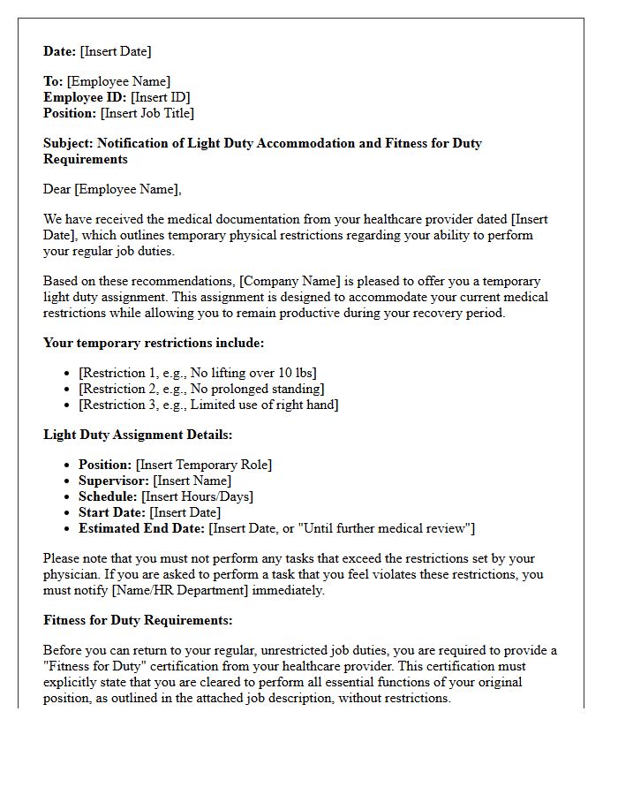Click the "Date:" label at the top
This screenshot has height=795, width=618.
[60, 51]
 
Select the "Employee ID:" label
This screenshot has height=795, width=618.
[85, 97]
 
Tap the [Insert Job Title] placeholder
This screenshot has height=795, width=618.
[147, 113]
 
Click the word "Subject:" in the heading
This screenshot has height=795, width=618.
[68, 143]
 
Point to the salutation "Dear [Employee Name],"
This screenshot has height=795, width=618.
[112, 189]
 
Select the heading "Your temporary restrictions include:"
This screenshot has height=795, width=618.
[154, 343]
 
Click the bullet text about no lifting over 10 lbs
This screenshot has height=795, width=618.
[197, 373]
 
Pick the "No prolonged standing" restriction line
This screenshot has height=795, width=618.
[201, 389]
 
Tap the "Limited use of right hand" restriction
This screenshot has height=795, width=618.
[208, 405]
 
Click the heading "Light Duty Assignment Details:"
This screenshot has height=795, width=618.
[138, 435]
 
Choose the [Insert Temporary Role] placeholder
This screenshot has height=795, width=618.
[204, 465]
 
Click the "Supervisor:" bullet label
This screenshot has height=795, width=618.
[114, 481]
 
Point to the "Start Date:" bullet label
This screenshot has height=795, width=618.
[112, 512]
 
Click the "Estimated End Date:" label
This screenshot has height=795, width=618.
[141, 528]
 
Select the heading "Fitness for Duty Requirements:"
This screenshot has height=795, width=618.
[138, 620]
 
